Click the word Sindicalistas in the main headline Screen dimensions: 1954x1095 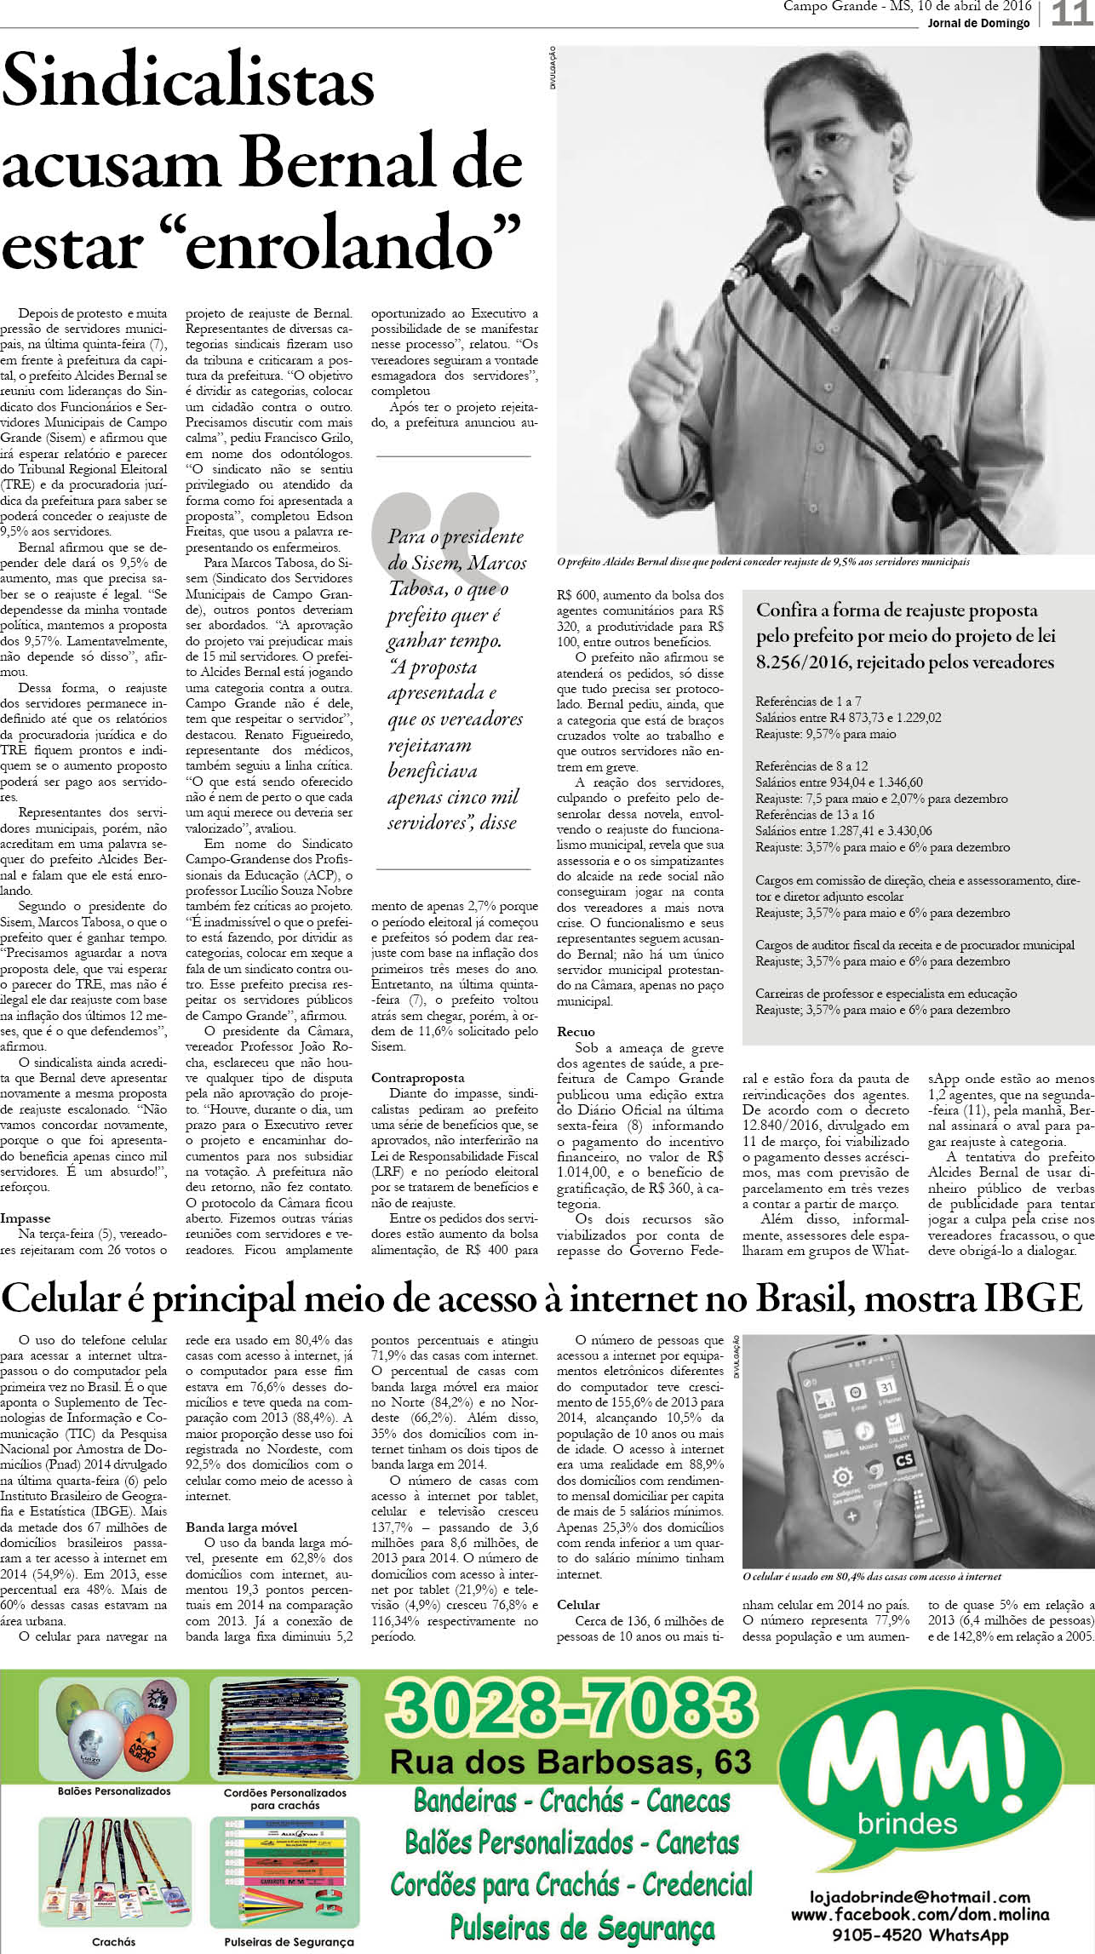click(x=188, y=83)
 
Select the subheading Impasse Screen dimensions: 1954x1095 click(x=26, y=1218)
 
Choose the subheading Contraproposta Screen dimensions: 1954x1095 click(x=418, y=1078)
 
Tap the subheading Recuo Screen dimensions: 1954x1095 click(x=576, y=1032)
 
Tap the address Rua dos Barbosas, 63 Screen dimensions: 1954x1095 click(x=570, y=1761)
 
